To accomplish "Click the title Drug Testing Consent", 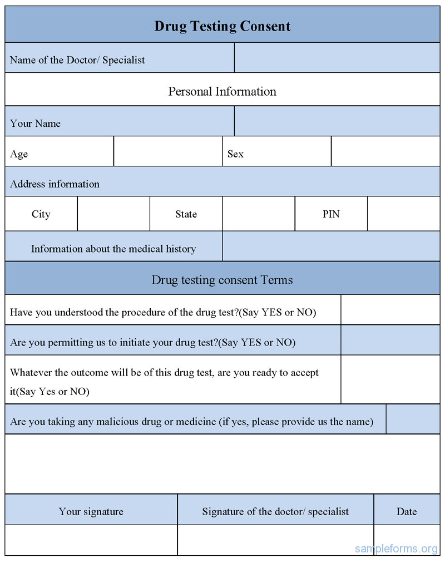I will [x=222, y=26].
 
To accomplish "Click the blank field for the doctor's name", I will [x=337, y=58].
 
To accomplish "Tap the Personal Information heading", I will [x=222, y=91].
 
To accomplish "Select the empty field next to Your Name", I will [x=337, y=121].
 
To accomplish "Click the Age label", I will [x=19, y=154].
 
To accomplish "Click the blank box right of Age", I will [x=168, y=151].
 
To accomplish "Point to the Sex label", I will [x=235, y=154].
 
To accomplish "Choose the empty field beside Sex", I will [x=385, y=151].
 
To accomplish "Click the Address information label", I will [x=55, y=184].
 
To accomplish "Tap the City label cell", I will [x=41, y=214].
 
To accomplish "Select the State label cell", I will [x=186, y=214].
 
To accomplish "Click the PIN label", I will [x=331, y=214].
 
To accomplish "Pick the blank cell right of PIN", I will [x=403, y=214].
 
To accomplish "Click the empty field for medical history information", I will [x=331, y=246].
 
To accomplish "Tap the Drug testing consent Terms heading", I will [x=222, y=280].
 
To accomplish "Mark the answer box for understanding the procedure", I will [x=390, y=310].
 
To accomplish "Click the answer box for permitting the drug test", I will [x=390, y=340].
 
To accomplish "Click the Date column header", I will [x=407, y=511].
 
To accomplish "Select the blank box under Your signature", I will [x=91, y=540].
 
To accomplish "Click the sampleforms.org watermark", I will [x=396, y=549].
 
